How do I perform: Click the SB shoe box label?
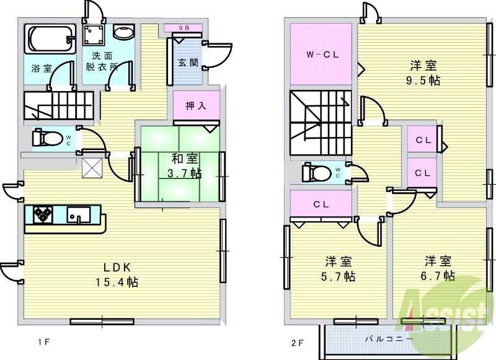coord(183,28)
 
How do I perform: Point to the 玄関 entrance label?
coord(187,63)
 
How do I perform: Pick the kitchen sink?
coord(79,216)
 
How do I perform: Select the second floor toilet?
coord(314,171)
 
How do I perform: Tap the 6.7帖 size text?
coord(439,275)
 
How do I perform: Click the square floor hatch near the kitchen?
coord(92,167)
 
